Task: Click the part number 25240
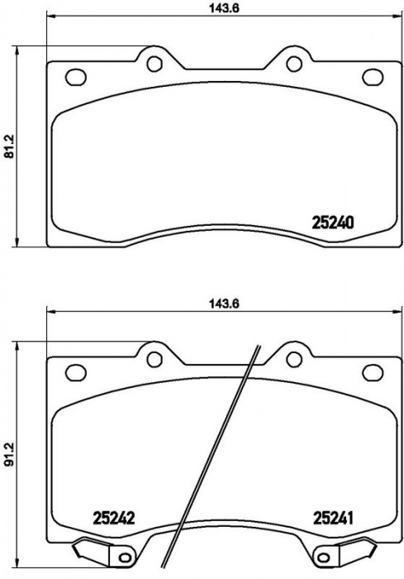click(333, 223)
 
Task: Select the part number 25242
click(114, 518)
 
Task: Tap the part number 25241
click(333, 518)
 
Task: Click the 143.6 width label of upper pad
click(225, 8)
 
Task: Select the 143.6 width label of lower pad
click(225, 304)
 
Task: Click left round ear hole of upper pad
click(154, 64)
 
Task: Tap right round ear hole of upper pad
click(294, 64)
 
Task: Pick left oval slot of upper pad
click(76, 77)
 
